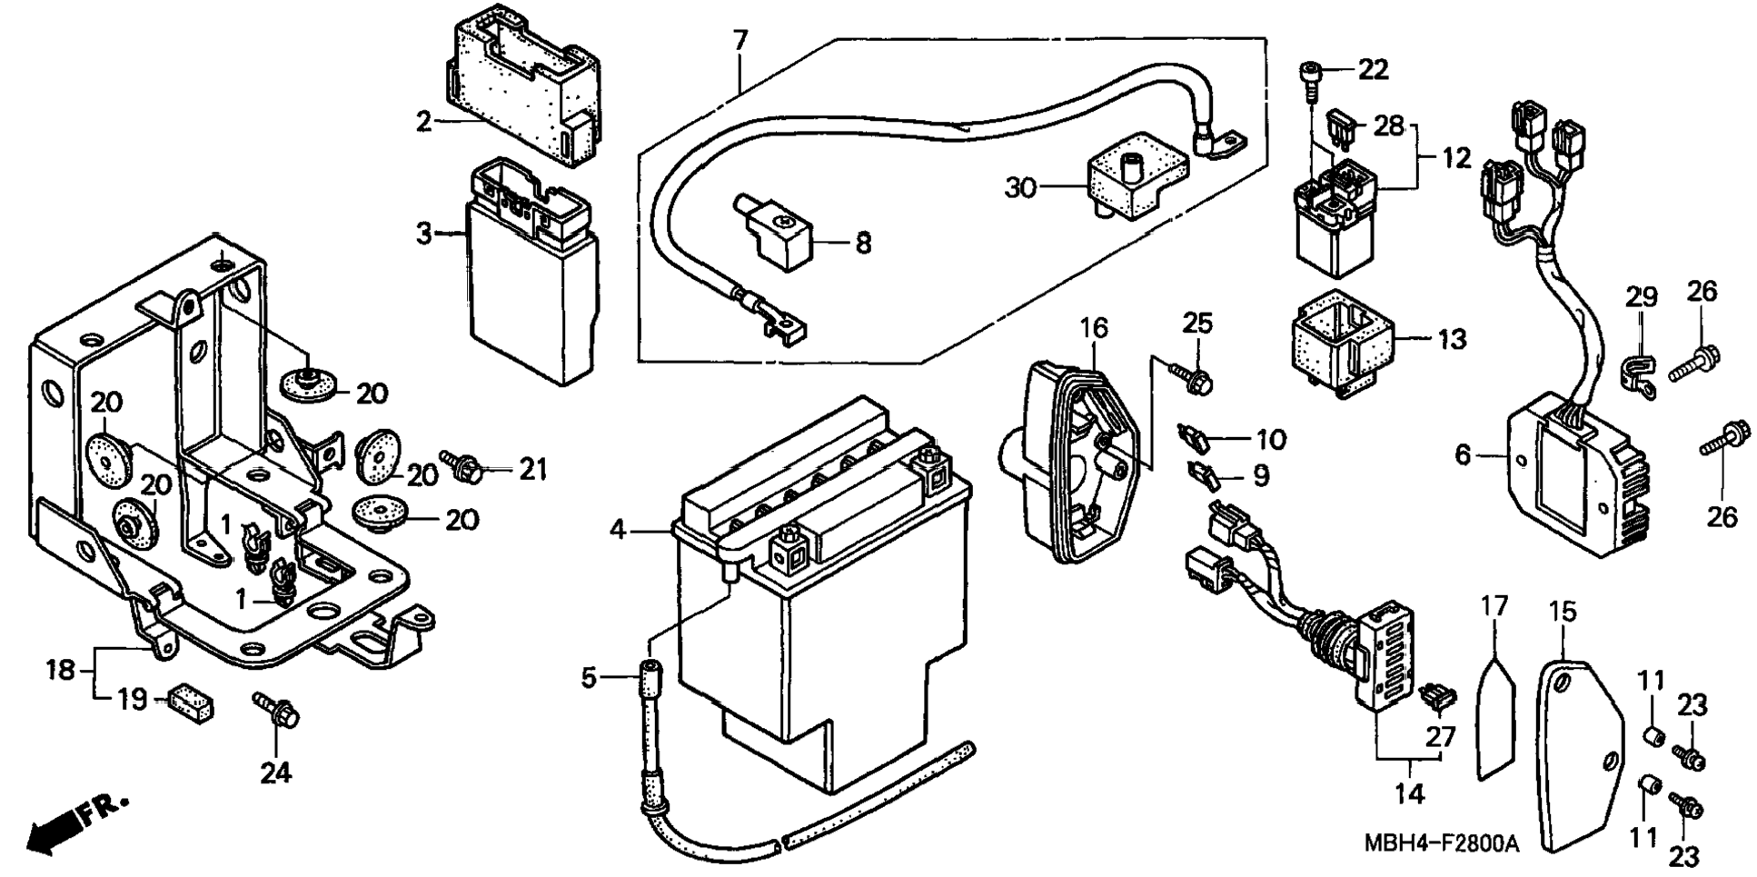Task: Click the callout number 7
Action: tap(740, 42)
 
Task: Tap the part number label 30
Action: tap(1020, 188)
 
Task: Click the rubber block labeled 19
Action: tap(190, 702)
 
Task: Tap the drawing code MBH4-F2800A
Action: tap(1441, 843)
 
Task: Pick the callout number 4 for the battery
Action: tap(618, 530)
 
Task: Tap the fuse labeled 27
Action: tap(1435, 698)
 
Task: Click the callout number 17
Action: tap(1494, 606)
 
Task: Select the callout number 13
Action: tap(1452, 340)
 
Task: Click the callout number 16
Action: tap(1094, 328)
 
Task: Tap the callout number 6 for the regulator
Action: tap(1462, 455)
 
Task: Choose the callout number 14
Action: tap(1409, 793)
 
